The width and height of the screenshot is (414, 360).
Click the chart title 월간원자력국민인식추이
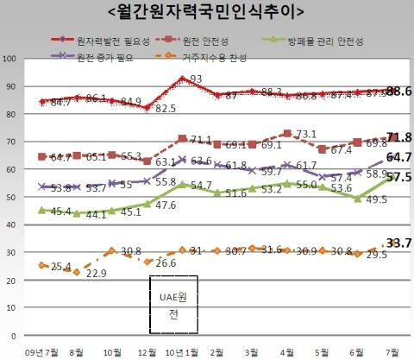point(207,12)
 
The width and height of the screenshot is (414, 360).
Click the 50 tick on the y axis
point(12,198)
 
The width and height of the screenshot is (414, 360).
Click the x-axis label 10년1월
point(184,351)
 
